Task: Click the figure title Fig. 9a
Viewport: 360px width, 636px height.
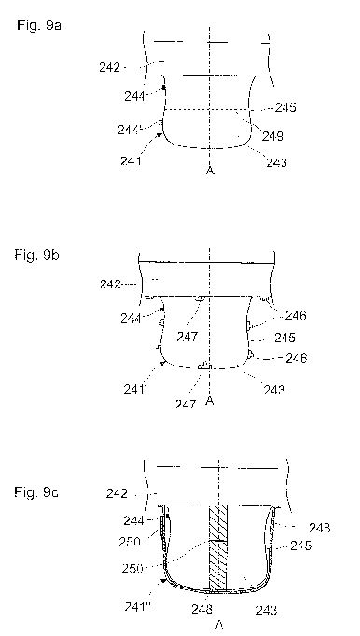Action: (39, 25)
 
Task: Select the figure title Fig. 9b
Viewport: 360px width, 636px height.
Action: (37, 256)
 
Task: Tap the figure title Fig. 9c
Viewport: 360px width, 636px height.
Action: (36, 492)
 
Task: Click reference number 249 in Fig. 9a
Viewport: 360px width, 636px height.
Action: (272, 136)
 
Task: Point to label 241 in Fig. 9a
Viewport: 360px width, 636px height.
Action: (131, 161)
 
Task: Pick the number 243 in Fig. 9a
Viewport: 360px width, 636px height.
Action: (276, 162)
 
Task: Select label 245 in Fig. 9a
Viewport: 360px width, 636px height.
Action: (285, 107)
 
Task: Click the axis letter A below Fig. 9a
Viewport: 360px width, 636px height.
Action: (210, 171)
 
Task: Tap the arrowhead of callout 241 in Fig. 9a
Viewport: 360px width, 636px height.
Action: (159, 135)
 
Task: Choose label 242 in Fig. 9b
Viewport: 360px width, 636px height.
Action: (110, 284)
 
